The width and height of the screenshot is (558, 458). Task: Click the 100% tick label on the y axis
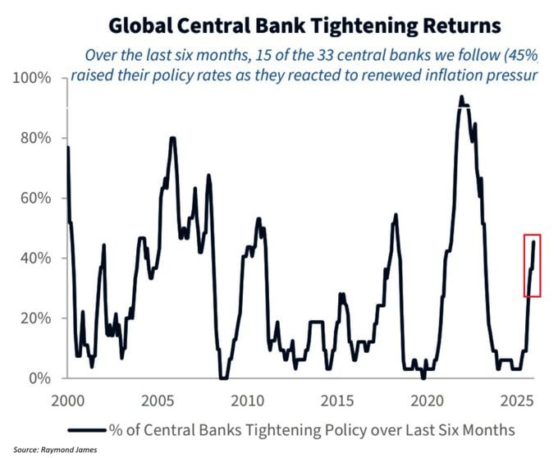(x=32, y=78)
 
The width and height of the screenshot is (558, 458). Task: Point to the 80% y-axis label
(x=35, y=138)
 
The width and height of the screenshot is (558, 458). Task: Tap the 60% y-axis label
(x=35, y=198)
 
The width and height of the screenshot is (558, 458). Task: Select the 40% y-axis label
(x=35, y=258)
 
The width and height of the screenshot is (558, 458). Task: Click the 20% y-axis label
(x=35, y=318)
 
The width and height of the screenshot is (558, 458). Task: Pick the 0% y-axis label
(x=40, y=378)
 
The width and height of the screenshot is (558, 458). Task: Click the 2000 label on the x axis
(x=68, y=401)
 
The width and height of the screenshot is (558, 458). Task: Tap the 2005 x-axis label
(x=158, y=401)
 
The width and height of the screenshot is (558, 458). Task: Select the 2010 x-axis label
(x=247, y=401)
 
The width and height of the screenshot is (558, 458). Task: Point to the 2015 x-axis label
(x=337, y=401)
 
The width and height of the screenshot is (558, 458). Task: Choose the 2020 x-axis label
(x=427, y=401)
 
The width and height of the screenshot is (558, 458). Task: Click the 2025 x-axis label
(x=517, y=401)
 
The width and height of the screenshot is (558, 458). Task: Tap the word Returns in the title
(x=461, y=26)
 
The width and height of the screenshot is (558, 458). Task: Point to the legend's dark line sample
(x=87, y=430)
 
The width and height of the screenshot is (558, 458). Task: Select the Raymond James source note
(x=55, y=450)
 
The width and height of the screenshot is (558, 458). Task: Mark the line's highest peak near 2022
(x=461, y=96)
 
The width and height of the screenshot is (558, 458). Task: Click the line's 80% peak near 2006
(x=173, y=138)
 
